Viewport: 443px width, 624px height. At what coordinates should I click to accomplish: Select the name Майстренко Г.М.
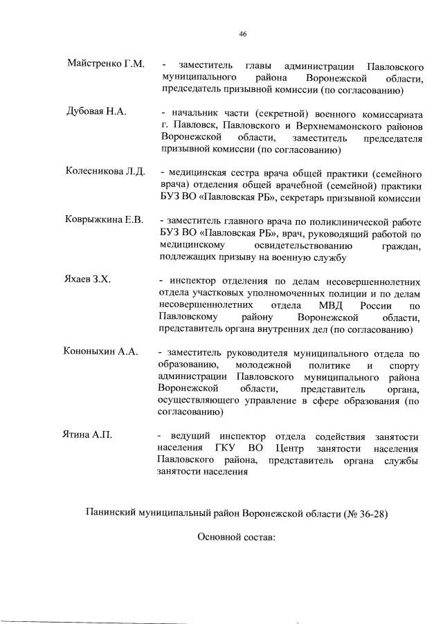tap(105, 64)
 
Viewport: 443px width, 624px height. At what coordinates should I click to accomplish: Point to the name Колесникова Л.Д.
tap(105, 172)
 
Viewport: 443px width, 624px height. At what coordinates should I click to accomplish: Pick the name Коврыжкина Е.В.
tap(104, 220)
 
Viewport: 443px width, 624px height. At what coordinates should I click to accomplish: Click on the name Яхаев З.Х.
tap(89, 279)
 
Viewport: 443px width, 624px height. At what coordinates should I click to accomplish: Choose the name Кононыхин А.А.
tap(101, 351)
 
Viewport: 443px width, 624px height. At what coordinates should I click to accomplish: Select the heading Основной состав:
tap(237, 536)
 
